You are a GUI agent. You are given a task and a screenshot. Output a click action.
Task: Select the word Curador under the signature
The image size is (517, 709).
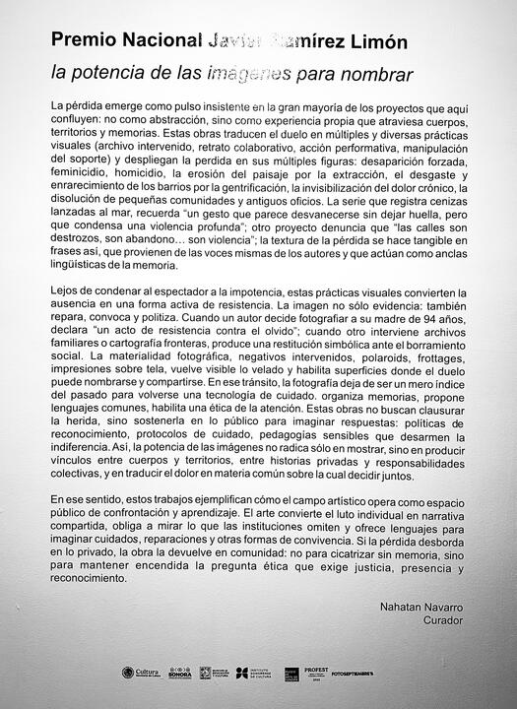click(x=443, y=622)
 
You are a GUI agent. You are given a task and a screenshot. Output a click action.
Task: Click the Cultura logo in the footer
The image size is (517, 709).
click(x=141, y=673)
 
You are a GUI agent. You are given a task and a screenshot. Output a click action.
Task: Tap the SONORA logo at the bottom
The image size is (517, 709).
click(x=180, y=673)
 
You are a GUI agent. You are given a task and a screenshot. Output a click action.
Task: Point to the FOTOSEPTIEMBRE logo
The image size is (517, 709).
click(x=354, y=673)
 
